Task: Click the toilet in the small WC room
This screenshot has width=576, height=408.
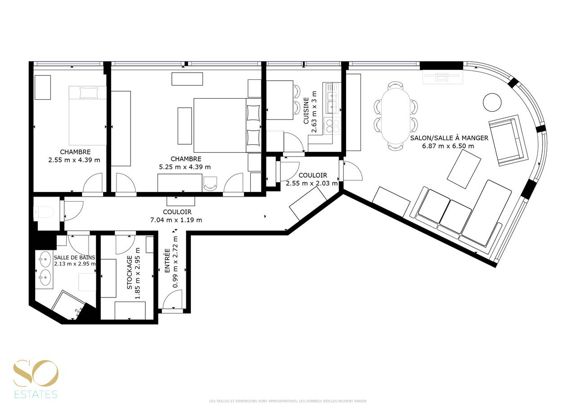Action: click(44, 212)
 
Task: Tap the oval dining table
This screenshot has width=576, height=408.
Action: click(396, 116)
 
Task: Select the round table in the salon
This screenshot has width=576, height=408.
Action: click(492, 102)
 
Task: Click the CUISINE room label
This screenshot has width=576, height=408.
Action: click(306, 110)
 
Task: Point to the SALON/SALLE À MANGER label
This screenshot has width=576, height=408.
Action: click(449, 138)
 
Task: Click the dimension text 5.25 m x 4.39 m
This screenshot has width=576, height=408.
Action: click(185, 167)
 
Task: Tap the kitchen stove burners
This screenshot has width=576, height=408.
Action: click(332, 126)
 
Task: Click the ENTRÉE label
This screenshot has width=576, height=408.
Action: click(167, 261)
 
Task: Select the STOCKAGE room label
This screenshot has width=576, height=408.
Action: click(130, 272)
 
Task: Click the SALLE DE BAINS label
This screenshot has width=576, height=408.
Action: click(74, 257)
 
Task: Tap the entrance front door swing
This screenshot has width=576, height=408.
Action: click(173, 299)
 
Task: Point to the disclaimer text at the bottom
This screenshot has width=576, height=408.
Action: click(288, 401)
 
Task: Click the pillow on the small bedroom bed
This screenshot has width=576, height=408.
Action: click(89, 93)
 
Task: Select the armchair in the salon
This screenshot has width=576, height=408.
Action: click(508, 140)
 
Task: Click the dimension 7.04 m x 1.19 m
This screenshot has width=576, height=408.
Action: click(176, 220)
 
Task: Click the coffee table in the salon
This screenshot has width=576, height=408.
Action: click(464, 169)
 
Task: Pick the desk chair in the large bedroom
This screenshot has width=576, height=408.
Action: click(210, 183)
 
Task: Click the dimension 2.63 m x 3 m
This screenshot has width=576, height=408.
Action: click(314, 111)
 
